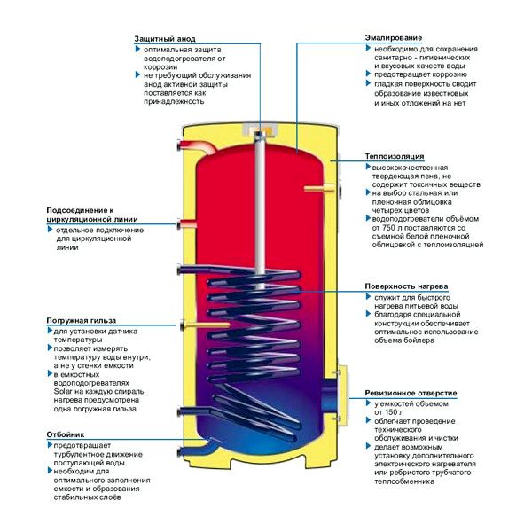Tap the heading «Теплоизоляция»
[x=394, y=157]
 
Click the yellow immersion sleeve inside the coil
[x=213, y=324]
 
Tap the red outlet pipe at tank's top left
[x=190, y=144]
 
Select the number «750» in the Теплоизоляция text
[x=387, y=226]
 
